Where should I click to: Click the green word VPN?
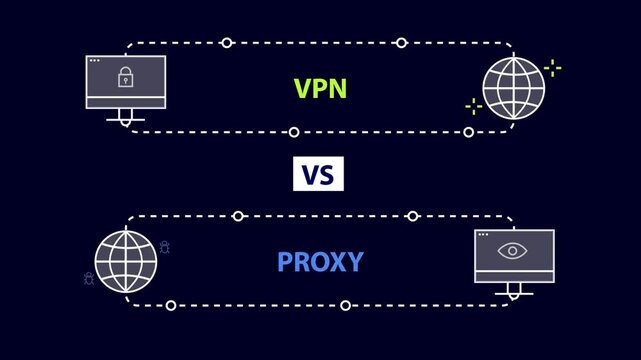click(320, 88)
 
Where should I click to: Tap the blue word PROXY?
click(320, 263)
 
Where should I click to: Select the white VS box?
click(318, 174)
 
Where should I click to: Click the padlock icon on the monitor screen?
click(126, 78)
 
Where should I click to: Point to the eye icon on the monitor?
click(513, 250)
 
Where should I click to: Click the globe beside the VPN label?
click(514, 87)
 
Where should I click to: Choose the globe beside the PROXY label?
click(125, 261)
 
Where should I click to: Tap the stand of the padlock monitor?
click(126, 117)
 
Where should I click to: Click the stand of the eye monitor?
click(514, 290)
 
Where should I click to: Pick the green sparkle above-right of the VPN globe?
click(552, 68)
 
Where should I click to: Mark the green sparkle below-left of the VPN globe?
click(473, 106)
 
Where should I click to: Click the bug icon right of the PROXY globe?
click(164, 246)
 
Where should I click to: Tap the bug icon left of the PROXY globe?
click(88, 278)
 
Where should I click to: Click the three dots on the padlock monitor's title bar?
click(95, 61)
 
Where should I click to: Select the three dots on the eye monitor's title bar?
click(484, 235)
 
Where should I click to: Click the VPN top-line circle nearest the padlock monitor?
click(227, 43)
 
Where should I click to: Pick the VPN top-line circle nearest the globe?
click(401, 43)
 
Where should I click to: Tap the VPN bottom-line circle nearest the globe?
click(468, 132)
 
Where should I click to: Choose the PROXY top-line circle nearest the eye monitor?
click(412, 216)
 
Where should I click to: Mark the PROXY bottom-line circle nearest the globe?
click(171, 305)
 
